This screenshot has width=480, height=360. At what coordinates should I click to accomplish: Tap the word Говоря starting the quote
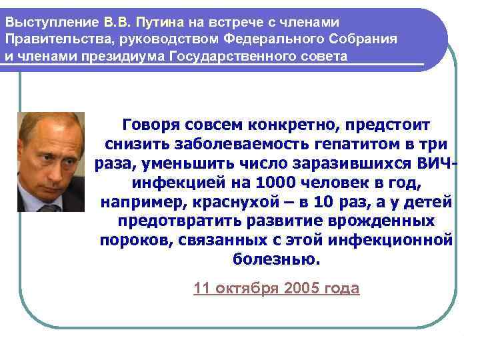coord(148,125)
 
